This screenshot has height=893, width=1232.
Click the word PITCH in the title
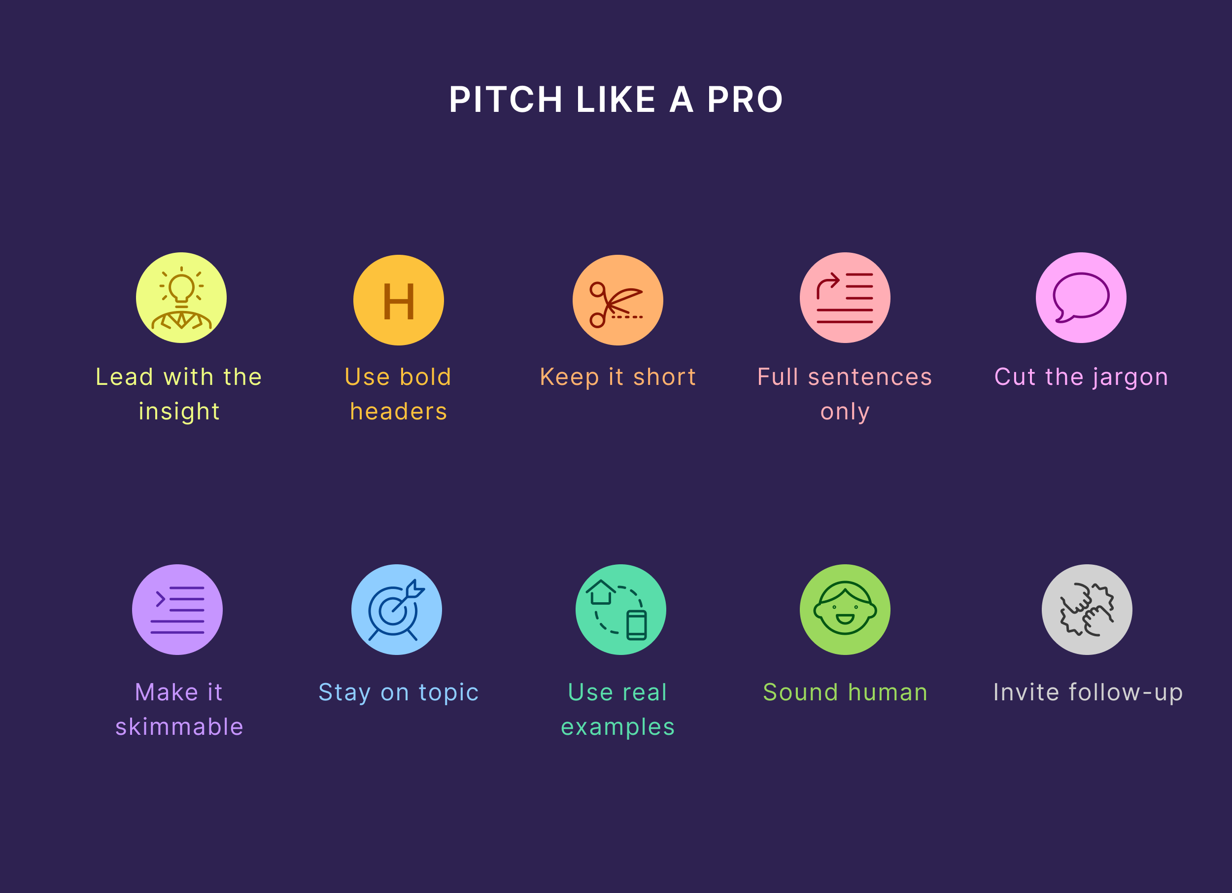[505, 100]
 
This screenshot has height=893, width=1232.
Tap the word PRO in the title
[745, 100]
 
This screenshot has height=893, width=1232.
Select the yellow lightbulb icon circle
[181, 298]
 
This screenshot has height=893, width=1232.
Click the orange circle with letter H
[399, 300]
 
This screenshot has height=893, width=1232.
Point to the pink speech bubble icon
[1081, 298]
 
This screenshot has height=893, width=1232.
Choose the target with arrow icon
[397, 610]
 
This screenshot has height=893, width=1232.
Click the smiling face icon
[845, 610]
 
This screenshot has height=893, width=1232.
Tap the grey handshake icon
[1087, 610]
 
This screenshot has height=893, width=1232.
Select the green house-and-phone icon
[620, 610]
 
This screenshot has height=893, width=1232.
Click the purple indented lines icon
[177, 610]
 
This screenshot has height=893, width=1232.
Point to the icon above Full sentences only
[845, 298]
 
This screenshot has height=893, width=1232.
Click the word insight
[179, 411]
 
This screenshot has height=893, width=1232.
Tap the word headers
[399, 411]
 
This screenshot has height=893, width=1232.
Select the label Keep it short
[617, 377]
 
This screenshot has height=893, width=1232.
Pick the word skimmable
[179, 727]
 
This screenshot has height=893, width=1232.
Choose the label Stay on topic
[398, 692]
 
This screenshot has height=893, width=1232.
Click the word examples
[617, 727]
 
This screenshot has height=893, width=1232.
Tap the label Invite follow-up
[1088, 692]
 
